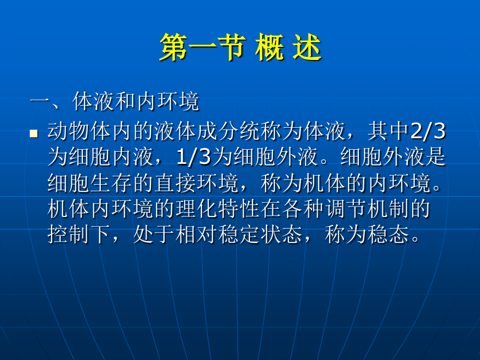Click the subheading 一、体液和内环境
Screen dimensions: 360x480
115,102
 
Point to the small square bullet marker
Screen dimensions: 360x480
34,134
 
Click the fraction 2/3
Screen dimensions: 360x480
428,132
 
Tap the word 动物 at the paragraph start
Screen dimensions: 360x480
68,132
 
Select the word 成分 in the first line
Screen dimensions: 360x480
218,132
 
